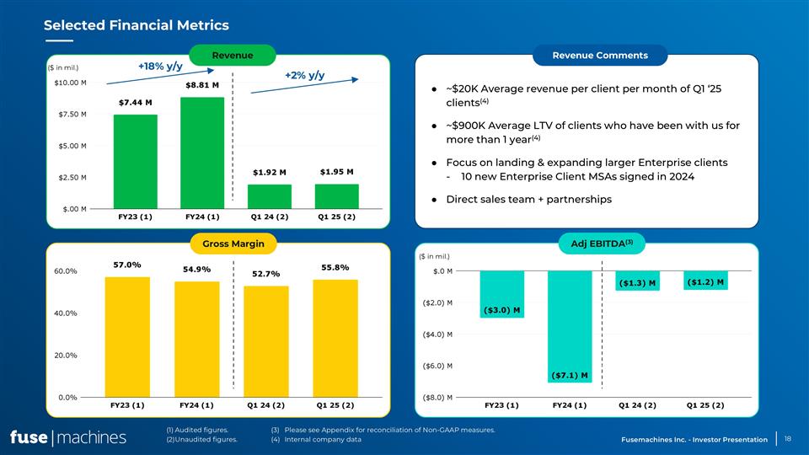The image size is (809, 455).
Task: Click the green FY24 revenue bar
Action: (202, 153)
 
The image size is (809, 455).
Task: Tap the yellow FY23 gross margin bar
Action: (127, 336)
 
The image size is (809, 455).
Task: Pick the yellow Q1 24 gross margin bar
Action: (266, 341)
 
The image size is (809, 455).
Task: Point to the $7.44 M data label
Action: (135, 103)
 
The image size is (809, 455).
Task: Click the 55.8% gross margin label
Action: (335, 267)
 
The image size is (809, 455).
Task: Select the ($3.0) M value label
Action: (501, 310)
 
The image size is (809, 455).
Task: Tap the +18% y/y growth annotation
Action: (160, 65)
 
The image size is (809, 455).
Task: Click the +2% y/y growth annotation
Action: (304, 75)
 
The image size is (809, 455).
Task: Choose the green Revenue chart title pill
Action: (233, 56)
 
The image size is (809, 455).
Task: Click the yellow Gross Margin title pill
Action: (233, 244)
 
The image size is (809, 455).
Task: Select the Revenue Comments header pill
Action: (600, 56)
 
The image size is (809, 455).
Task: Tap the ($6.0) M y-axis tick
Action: (437, 366)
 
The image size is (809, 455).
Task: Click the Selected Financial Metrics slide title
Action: (136, 26)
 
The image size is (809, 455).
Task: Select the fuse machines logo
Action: (68, 437)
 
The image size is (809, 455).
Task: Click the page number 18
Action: (787, 438)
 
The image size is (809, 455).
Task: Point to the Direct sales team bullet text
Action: (528, 200)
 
